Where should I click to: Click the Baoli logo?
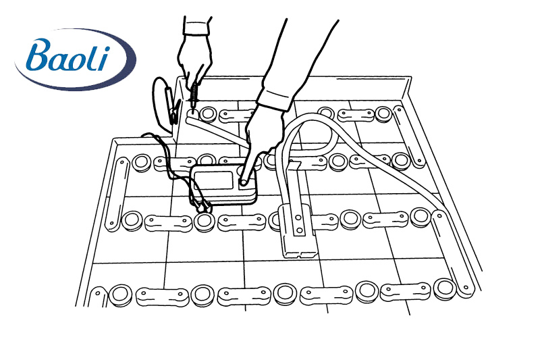(75, 59)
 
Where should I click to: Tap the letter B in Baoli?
(39, 55)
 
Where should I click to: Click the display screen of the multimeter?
(213, 180)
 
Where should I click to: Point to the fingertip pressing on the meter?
(243, 180)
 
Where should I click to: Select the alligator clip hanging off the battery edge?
(172, 106)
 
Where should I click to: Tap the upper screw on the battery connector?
(298, 217)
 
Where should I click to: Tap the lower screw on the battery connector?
(300, 230)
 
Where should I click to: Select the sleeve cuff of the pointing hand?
(275, 98)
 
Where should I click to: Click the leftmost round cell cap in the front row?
(121, 295)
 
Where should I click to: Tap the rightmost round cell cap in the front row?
(445, 288)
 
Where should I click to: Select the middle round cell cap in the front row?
(285, 294)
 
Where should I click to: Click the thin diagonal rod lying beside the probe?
(217, 132)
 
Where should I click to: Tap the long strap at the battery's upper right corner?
(408, 136)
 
